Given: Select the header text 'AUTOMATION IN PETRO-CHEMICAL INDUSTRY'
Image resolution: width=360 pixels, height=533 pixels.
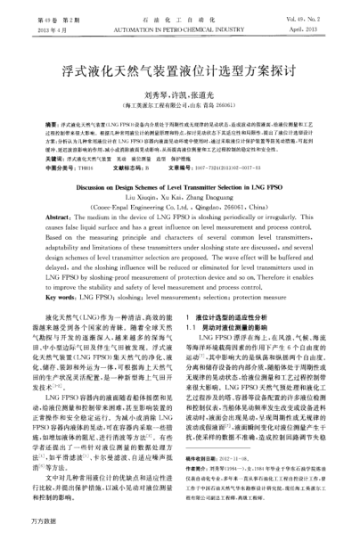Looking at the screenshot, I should pos(179,17).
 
